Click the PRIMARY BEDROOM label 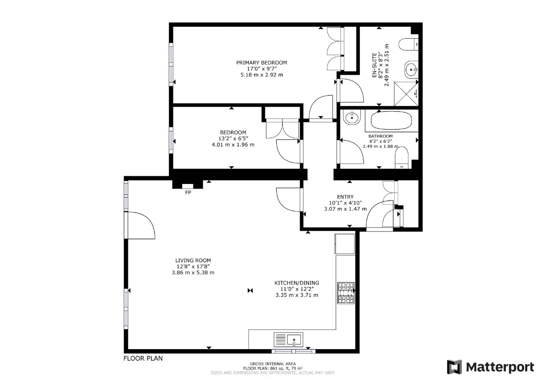[261, 62]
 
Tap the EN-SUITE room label [374, 65]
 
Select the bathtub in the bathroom [391, 120]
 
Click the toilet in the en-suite [408, 45]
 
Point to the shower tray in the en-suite [406, 94]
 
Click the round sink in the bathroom [352, 117]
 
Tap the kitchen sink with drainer [288, 339]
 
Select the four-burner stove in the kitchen [346, 293]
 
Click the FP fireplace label [188, 192]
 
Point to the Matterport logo [490, 367]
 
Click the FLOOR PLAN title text [143, 358]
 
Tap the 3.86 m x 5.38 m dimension [193, 273]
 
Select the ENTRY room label [345, 197]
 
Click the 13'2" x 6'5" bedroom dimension [233, 138]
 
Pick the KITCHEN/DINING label [297, 283]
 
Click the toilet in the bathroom [402, 158]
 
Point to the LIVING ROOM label [193, 260]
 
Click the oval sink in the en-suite [411, 70]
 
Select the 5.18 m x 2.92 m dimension [262, 75]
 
